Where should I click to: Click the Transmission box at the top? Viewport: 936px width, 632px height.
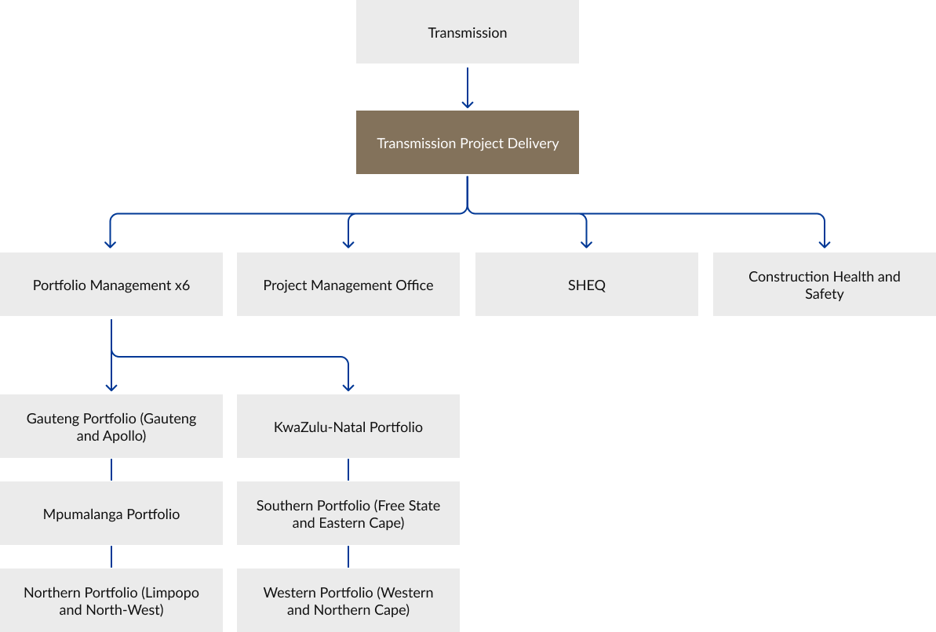(467, 32)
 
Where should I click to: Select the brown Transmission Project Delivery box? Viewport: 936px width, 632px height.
(467, 143)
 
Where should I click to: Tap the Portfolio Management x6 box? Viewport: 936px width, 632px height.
(111, 285)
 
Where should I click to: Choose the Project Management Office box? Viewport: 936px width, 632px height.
(348, 285)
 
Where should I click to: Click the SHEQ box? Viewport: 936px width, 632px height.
(586, 285)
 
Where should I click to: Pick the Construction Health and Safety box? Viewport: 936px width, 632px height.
(824, 285)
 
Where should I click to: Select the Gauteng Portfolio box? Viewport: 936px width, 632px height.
(111, 427)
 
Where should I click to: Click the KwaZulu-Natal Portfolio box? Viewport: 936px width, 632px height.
(348, 427)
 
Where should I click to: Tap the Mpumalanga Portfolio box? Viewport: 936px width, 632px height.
(111, 514)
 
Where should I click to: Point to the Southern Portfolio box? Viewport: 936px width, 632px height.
(348, 514)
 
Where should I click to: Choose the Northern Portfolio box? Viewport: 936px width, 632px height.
(111, 601)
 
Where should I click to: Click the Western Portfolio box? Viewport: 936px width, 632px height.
(348, 601)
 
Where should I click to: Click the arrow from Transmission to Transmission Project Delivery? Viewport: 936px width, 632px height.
(468, 87)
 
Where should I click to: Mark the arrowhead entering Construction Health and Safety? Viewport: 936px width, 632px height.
(824, 243)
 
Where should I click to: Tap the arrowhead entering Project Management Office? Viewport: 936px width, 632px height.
(348, 243)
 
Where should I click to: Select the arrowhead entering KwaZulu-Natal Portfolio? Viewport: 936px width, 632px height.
(348, 386)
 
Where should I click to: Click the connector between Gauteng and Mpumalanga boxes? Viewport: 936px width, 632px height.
(111, 469)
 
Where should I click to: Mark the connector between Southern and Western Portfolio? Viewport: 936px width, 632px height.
(348, 556)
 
